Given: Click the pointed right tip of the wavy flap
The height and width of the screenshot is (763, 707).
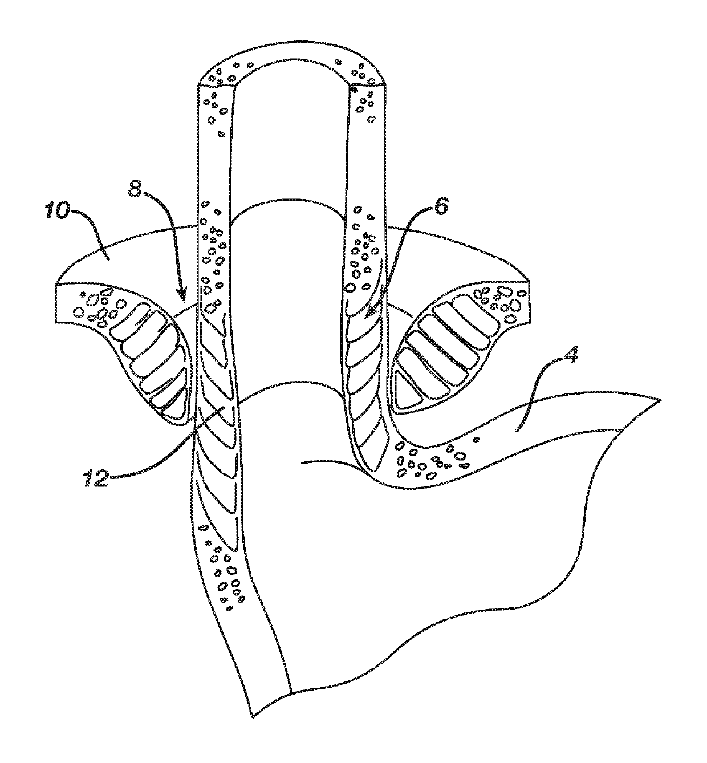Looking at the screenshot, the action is point(660,399).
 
